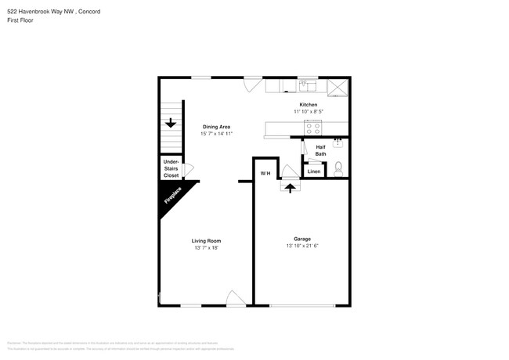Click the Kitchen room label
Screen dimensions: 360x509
309,105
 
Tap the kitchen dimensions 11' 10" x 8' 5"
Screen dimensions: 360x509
309,112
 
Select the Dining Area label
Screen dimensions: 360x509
216,127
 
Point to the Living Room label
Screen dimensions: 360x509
207,241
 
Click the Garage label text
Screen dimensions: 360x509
302,239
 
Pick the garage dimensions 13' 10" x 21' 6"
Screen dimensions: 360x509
302,246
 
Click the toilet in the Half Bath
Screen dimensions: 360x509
338,167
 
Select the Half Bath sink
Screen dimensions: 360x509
338,142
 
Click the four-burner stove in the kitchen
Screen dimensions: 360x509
313,128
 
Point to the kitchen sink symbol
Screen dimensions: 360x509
306,86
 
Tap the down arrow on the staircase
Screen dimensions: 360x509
171,123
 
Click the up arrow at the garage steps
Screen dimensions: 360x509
291,188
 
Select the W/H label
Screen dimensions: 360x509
265,173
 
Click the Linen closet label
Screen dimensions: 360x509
313,171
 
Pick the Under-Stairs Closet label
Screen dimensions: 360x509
171,168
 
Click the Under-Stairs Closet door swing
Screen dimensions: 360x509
187,168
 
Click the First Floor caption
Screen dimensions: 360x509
20,20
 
